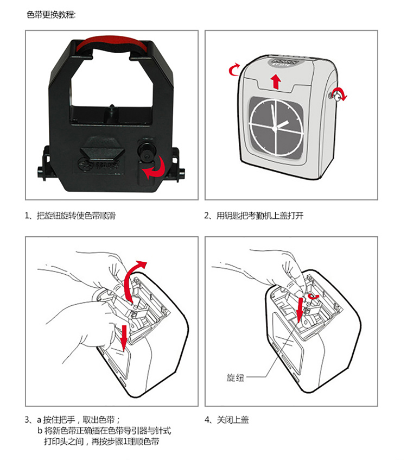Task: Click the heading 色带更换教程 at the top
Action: [x=52, y=14]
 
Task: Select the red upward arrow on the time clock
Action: [x=276, y=81]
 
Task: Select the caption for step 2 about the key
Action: [x=253, y=216]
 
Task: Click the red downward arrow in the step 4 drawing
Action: [x=300, y=310]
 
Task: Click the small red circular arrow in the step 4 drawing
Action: [x=313, y=295]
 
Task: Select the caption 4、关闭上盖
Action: [x=226, y=420]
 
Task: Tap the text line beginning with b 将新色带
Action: [x=104, y=431]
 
